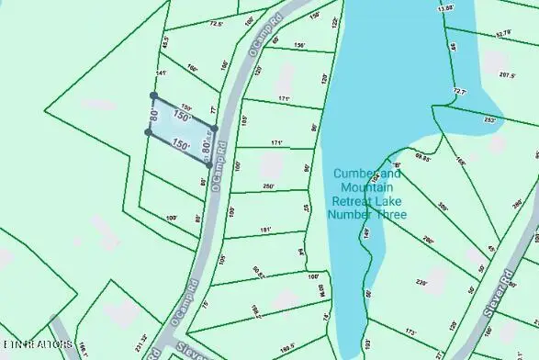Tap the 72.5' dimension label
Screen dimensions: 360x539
(x=217, y=25)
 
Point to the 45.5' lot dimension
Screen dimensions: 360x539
(x=165, y=42)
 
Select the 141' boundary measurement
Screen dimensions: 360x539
(x=162, y=73)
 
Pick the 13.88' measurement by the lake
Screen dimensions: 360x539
(x=446, y=8)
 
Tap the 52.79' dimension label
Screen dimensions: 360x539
(x=502, y=33)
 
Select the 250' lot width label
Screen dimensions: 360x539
(x=268, y=186)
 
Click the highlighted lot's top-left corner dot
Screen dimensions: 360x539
(x=153, y=96)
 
